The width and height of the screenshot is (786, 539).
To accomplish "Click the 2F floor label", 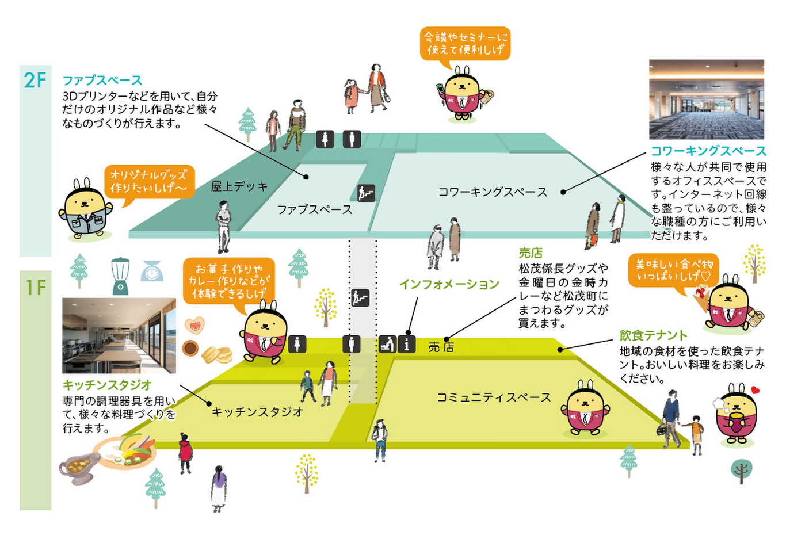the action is pyautogui.click(x=35, y=81).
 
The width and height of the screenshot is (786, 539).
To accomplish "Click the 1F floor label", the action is pyautogui.click(x=36, y=288).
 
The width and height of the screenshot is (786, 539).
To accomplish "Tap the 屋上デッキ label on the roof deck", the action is pyautogui.click(x=239, y=186).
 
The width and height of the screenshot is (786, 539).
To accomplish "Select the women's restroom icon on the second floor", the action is pyautogui.click(x=325, y=139).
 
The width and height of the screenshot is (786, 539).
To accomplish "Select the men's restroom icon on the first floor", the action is pyautogui.click(x=351, y=344).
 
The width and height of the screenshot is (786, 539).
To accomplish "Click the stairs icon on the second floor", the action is pyautogui.click(x=367, y=193).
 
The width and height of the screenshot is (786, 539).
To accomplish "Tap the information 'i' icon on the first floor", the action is pyautogui.click(x=406, y=344).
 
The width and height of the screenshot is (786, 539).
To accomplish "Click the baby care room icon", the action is pyautogui.click(x=387, y=344).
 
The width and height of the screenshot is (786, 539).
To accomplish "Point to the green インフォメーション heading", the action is pyautogui.click(x=449, y=284).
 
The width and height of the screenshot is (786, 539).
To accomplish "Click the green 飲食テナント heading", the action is pyautogui.click(x=653, y=335).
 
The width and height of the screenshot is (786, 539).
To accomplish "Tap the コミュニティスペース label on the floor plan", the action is pyautogui.click(x=494, y=397).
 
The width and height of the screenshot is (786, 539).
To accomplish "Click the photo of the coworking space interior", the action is pyautogui.click(x=707, y=100).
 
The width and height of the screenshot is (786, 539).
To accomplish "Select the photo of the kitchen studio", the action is pyautogui.click(x=119, y=335).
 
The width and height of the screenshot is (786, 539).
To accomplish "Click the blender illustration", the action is pyautogui.click(x=120, y=276).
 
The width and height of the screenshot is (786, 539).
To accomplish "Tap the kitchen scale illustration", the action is pyautogui.click(x=152, y=271).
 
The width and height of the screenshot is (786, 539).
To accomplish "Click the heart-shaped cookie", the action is pyautogui.click(x=194, y=326).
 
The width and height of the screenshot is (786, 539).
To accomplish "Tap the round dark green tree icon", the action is pyautogui.click(x=741, y=471).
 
